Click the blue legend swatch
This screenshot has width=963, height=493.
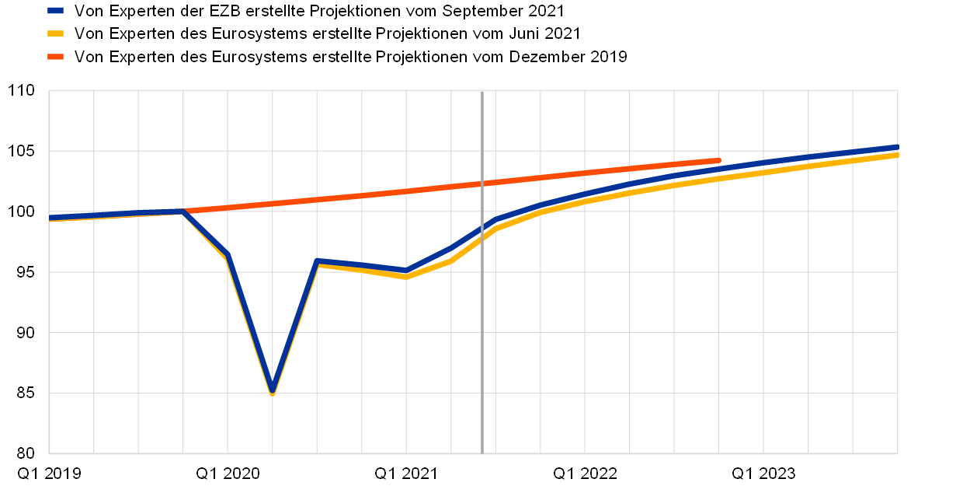pyautogui.click(x=55, y=10)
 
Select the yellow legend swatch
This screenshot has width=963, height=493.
pyautogui.click(x=55, y=33)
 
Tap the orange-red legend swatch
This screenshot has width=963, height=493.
pyautogui.click(x=55, y=57)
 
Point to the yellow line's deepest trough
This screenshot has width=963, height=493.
pyautogui.click(x=272, y=394)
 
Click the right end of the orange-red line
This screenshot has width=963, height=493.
pyautogui.click(x=718, y=160)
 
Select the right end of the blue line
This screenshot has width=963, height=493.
pyautogui.click(x=897, y=147)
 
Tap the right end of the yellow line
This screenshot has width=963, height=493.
pyautogui.click(x=897, y=156)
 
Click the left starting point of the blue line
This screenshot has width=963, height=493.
pyautogui.click(x=50, y=218)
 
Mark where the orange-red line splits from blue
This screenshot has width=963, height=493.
pyautogui.click(x=183, y=211)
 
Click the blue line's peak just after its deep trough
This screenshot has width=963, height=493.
pyautogui.click(x=317, y=260)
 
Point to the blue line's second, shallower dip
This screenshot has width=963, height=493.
pyautogui.click(x=406, y=271)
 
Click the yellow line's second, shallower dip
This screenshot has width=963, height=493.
pyautogui.click(x=406, y=277)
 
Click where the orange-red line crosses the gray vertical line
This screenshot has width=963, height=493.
pyautogui.click(x=482, y=184)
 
